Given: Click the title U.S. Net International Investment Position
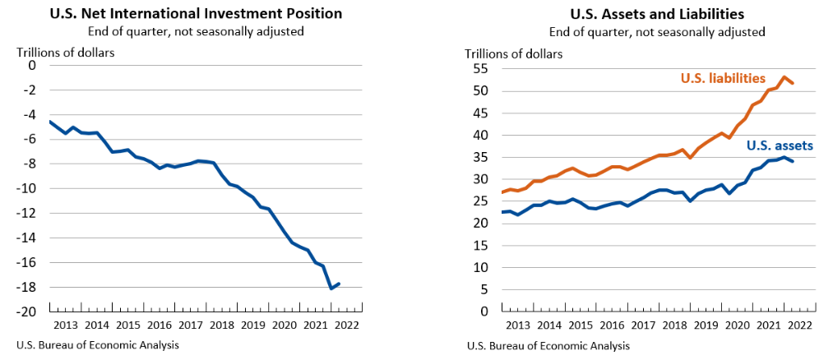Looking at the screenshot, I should point(196,14).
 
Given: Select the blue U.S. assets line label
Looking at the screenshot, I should point(780,145).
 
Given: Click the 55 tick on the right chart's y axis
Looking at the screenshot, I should point(480,69).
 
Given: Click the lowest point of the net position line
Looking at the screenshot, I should point(331,288).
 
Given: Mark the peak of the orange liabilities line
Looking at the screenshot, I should point(784,77).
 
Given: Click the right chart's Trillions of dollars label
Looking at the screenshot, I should point(514,54).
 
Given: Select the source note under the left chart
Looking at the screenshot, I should point(97,345).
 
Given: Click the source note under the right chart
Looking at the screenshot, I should point(548,345).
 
